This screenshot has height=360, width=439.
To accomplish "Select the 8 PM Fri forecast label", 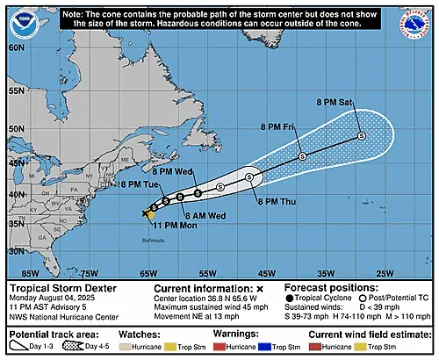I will pyautogui.click(x=277, y=128).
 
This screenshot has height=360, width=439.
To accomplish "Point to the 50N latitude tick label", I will pyautogui.click(x=13, y=130).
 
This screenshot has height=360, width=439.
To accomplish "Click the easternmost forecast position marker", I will pyautogui.click(x=361, y=135).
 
